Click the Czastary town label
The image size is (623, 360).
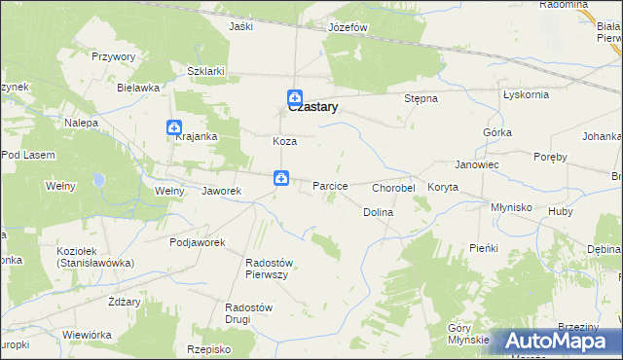click(312, 108)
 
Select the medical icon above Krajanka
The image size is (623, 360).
click(173, 127)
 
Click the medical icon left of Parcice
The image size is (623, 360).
click(280, 177)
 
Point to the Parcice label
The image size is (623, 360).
click(330, 185)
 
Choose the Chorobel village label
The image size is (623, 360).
click(394, 187)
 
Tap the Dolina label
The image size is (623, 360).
click(378, 211)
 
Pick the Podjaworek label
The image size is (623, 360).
click(198, 242)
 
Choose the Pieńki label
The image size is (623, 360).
click(483, 248)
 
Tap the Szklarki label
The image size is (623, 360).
click(206, 71)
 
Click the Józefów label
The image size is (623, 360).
click(348, 27)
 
